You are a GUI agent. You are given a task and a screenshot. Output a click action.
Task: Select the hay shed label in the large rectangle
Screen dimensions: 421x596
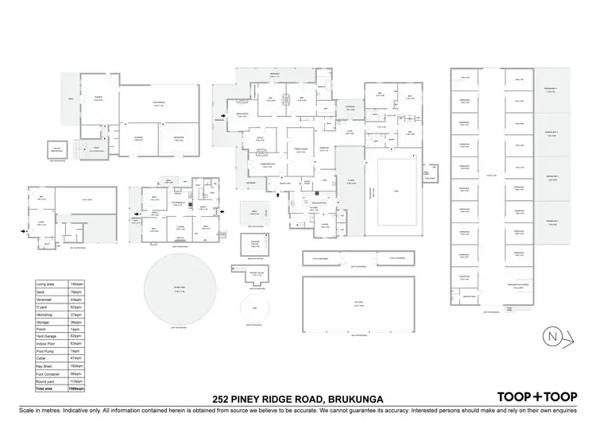click(x=359, y=305)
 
